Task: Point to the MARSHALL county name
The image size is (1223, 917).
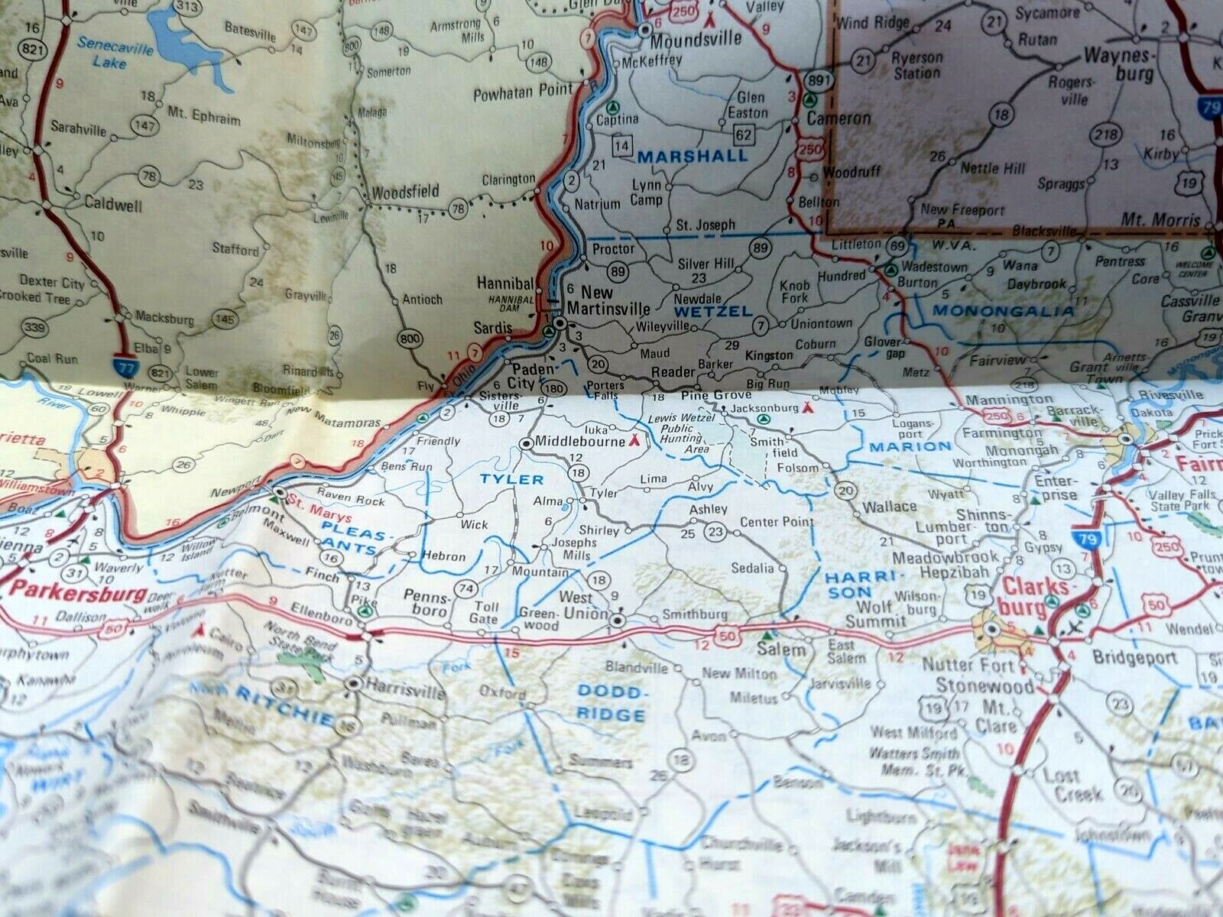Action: pyautogui.click(x=693, y=156)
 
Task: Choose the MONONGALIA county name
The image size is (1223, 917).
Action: pyautogui.click(x=1002, y=311)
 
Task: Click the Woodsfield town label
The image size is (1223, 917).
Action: pyautogui.click(x=405, y=191)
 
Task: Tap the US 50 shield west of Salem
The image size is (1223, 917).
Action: pyautogui.click(x=728, y=634)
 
